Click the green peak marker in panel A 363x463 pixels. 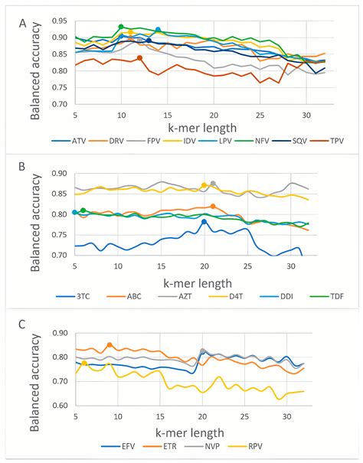tap(121, 27)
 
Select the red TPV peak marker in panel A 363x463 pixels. tap(139, 57)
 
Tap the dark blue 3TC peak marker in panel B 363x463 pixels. tap(204, 222)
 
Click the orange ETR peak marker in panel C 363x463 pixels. tap(110, 345)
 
